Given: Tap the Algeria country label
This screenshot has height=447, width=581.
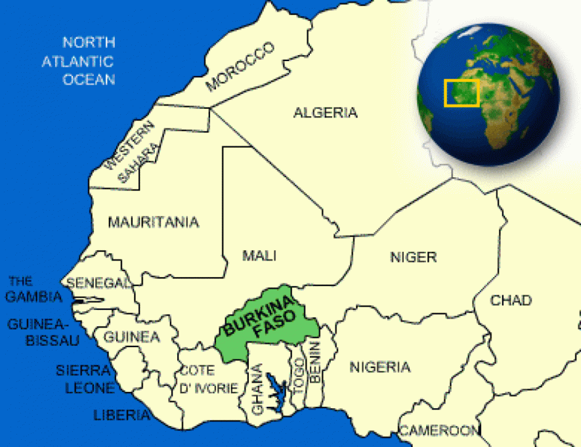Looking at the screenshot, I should (325, 113).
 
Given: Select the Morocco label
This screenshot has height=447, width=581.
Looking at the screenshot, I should (239, 67).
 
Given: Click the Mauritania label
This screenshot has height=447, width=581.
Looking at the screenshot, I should (153, 223).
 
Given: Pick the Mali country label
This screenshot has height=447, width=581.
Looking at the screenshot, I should (259, 255).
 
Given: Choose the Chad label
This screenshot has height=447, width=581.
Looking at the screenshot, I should (511, 301).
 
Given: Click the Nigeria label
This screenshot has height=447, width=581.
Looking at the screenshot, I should (379, 367).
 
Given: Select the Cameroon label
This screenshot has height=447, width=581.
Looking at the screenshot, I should (439, 431).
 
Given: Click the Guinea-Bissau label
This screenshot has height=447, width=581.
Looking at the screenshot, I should (43, 332).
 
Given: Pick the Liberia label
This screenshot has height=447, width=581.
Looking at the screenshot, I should (121, 415).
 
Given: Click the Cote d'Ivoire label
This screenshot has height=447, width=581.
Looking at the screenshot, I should (208, 379).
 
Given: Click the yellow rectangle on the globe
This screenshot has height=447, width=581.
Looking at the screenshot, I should (462, 93).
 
